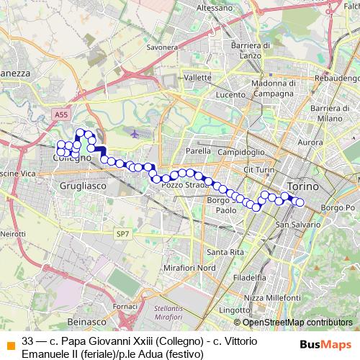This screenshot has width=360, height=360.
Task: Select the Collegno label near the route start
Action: coord(73,158)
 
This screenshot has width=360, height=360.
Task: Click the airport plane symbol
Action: coord(137,133)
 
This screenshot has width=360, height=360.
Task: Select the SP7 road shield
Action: coord(123,234)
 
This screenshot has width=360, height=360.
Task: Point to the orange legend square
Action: coord(9,344)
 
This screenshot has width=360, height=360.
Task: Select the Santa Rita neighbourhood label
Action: coord(224,252)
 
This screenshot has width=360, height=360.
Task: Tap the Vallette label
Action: coord(197,77)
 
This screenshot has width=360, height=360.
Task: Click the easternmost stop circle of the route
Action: coord(300,202)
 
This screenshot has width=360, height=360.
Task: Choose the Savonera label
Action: coord(162,48)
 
